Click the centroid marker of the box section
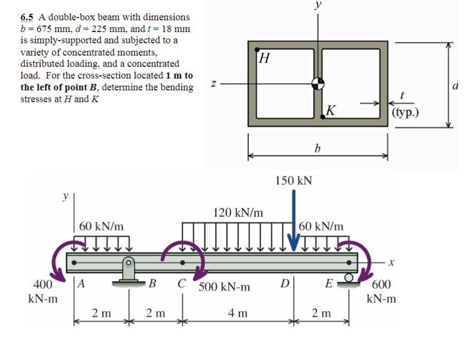pos(318,83)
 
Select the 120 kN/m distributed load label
pos(238,213)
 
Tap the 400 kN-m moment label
pos(43,291)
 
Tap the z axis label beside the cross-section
pos(214,84)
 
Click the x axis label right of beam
pos(391,263)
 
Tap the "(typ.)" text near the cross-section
pos(405,112)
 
